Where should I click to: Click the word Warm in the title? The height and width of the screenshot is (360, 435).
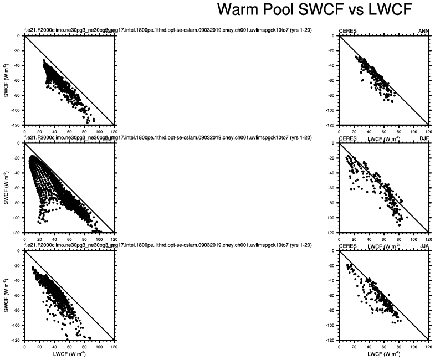[x=238, y=9]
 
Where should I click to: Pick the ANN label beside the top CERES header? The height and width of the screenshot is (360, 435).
[x=423, y=32]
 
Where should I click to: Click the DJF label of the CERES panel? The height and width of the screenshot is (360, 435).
[x=424, y=138]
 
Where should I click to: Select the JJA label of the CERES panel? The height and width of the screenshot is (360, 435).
[x=424, y=246]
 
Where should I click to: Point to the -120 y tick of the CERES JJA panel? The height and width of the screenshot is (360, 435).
[x=331, y=340]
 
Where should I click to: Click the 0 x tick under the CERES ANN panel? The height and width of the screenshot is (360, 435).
[x=339, y=132]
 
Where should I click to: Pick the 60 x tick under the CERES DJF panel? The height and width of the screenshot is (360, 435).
[x=383, y=239]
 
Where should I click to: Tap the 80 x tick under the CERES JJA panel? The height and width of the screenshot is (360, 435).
[x=398, y=346]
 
